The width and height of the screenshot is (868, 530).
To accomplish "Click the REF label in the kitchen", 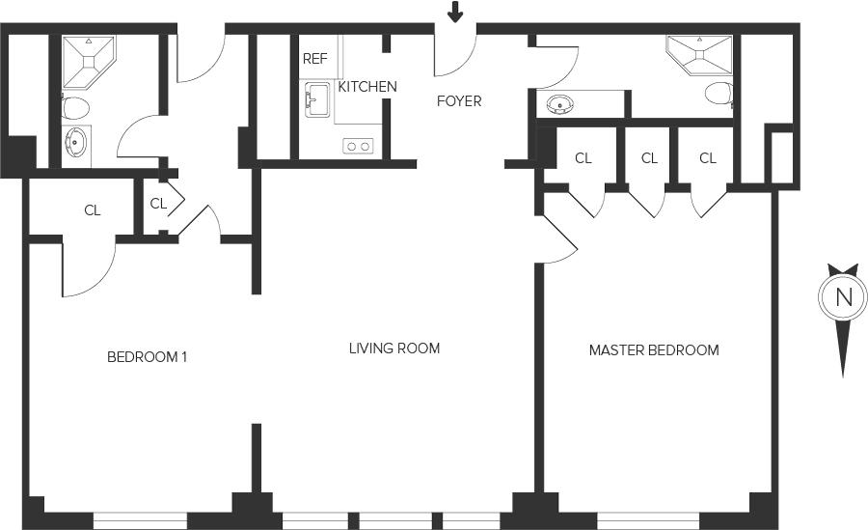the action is pyautogui.click(x=315, y=59).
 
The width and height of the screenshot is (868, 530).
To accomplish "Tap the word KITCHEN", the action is pyautogui.click(x=366, y=87).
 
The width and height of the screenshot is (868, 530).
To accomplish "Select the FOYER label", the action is pyautogui.click(x=459, y=100).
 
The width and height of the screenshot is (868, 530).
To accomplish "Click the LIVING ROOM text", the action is pyautogui.click(x=394, y=348).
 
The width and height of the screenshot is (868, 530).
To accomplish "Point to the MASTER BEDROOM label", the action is pyautogui.click(x=654, y=350).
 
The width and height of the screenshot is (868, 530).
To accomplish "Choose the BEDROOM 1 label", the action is pyautogui.click(x=147, y=357).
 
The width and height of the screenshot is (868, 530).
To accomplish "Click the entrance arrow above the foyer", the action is pyautogui.click(x=455, y=13).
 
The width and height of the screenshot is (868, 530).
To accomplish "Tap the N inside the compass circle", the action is pyautogui.click(x=844, y=297).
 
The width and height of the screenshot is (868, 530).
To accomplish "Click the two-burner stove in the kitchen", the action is pyautogui.click(x=358, y=146).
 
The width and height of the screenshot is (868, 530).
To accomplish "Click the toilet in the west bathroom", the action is pyautogui.click(x=76, y=106).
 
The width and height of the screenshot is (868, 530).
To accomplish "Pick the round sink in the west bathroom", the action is pyautogui.click(x=75, y=145).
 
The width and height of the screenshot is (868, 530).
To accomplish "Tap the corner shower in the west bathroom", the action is pyautogui.click(x=88, y=57).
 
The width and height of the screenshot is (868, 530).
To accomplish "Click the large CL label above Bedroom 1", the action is pyautogui.click(x=93, y=210).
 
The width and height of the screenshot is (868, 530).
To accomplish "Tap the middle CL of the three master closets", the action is pyautogui.click(x=649, y=158).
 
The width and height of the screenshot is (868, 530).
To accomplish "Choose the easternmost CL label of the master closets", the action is pyautogui.click(x=708, y=158).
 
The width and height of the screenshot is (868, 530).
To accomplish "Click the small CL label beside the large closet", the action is pyautogui.click(x=159, y=204).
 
